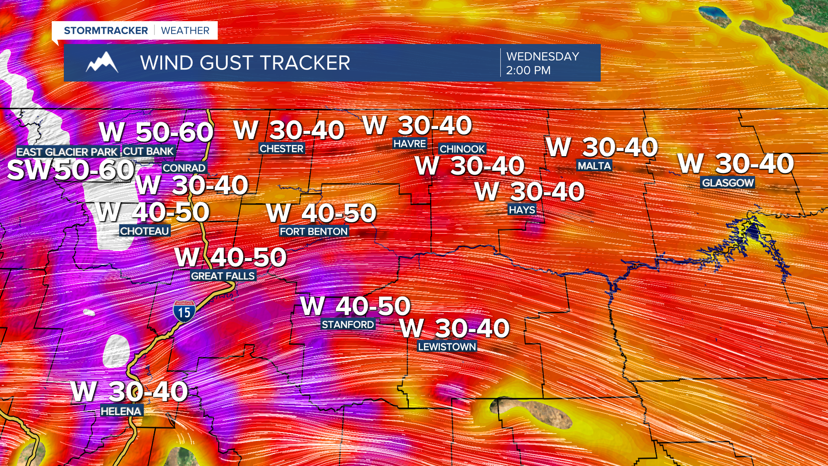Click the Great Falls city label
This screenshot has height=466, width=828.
(223, 276)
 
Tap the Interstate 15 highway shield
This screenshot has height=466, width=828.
(184, 312)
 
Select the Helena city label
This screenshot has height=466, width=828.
(121, 411)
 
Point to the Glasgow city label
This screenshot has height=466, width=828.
(728, 183)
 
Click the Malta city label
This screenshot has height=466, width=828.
(594, 166)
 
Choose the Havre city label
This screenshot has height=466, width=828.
(410, 144)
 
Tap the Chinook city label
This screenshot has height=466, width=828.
(462, 149)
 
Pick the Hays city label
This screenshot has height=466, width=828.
(522, 210)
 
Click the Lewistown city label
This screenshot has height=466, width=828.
(447, 347)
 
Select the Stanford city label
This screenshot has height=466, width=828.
(348, 324)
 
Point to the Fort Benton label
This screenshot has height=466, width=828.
(314, 232)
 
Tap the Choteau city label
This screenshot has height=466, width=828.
(144, 231)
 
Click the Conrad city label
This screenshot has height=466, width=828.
(184, 168)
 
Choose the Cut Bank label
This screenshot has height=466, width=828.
(148, 151)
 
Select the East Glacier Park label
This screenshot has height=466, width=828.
(67, 152)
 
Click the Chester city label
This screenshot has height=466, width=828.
(282, 149)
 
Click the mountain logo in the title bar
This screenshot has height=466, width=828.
(102, 63)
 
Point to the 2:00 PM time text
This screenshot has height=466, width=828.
(528, 70)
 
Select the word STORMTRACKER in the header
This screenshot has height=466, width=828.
(106, 31)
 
